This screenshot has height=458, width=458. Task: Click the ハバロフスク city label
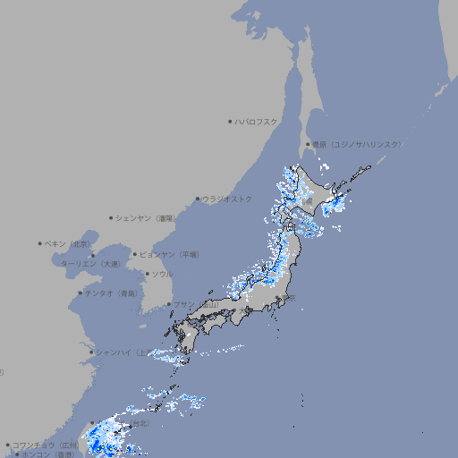257,121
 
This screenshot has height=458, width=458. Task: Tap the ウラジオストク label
227,199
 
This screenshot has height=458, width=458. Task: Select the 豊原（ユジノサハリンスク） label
357,144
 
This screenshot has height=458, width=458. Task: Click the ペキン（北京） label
68,243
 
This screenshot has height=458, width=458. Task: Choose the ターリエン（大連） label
90,264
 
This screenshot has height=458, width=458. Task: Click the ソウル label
162,274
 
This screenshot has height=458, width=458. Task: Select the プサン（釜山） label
196,304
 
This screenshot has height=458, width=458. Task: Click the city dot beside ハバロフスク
230,121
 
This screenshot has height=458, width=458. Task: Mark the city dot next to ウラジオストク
198,199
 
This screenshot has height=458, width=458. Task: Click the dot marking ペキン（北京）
40,243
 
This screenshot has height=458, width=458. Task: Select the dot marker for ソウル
147,274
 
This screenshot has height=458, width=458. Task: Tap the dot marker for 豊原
308,144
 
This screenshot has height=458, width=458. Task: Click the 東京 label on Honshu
291,299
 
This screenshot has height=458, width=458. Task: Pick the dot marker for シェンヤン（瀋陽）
112,217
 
